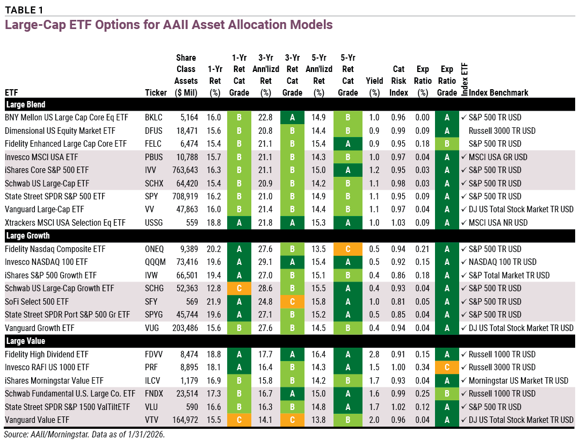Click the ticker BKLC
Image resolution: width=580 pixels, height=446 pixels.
coord(154,117)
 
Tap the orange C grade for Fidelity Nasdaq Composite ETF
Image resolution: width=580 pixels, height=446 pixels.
coord(347,249)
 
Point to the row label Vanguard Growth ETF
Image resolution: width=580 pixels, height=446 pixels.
coord(39,328)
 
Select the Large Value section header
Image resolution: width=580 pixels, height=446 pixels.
coord(25,341)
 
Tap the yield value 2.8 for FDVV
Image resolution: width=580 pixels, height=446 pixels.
coord(374,354)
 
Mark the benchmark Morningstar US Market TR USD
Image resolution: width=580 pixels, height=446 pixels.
coord(518,380)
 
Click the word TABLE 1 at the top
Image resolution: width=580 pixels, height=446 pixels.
coord(24,10)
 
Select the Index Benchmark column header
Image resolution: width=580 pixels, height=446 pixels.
coord(498,92)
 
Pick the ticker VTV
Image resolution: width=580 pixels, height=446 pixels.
coord(153,420)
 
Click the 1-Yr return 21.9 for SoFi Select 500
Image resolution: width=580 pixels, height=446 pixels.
coord(214,301)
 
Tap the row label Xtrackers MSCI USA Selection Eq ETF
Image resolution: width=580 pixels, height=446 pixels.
coord(66,222)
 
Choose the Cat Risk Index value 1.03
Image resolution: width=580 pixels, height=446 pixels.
coord(398,222)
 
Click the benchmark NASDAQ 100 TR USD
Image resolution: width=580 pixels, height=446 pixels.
coord(502,262)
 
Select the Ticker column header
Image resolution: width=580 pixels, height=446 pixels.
coord(156,92)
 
